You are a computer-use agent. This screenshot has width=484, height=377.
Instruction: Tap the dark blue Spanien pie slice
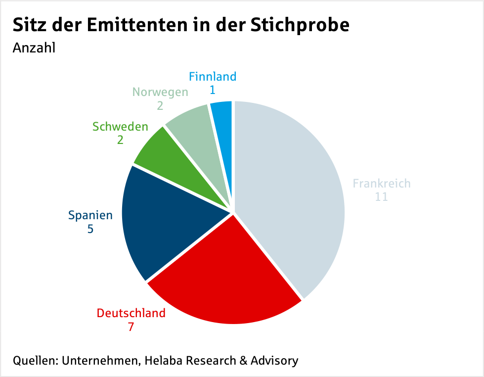click(163, 223)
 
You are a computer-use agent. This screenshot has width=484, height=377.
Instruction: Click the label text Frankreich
click(382, 184)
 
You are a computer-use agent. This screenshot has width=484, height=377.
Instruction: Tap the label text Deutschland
click(131, 313)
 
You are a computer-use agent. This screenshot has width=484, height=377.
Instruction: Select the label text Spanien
click(90, 215)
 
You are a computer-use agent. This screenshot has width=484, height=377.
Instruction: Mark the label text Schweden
click(120, 127)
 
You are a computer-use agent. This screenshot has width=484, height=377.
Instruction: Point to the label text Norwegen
click(160, 92)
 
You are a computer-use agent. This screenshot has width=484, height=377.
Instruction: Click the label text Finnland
click(213, 77)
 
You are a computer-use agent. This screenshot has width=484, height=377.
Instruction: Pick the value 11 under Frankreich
click(381, 197)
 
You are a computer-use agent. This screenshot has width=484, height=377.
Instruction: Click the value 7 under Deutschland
click(131, 327)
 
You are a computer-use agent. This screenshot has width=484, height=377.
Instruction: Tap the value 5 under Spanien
click(90, 229)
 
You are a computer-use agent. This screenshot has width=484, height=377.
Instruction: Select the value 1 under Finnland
click(213, 90)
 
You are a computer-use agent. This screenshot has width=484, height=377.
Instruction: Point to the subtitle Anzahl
click(34, 48)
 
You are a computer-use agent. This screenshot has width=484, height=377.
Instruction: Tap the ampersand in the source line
click(243, 360)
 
